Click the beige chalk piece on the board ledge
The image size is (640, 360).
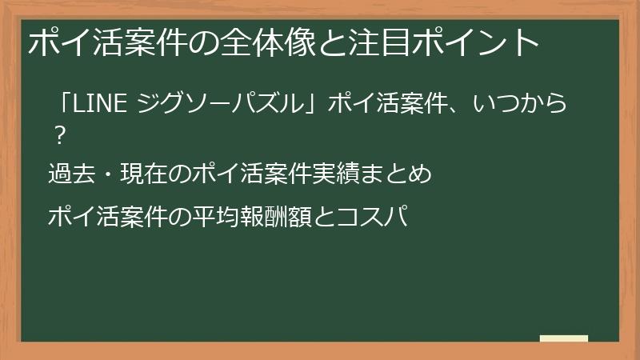[x=563, y=338]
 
